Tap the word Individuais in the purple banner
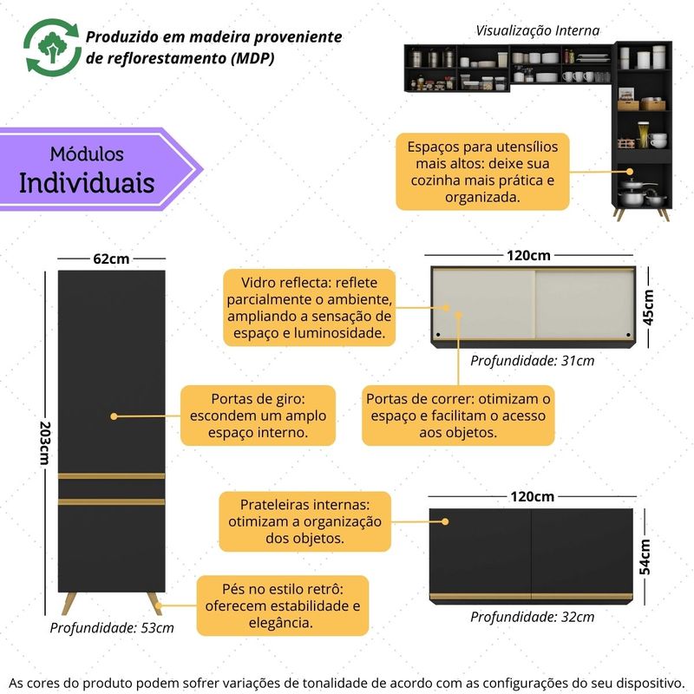(87, 183)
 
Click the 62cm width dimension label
(111, 259)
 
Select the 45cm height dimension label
(648, 307)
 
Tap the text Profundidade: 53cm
(111, 627)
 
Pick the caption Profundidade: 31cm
(532, 361)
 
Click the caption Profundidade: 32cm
(532, 617)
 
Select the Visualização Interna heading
(537, 30)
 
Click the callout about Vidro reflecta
(310, 307)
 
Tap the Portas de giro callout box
(258, 416)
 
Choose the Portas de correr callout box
(458, 416)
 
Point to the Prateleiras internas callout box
(304, 521)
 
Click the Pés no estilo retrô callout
(282, 606)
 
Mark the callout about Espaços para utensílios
(482, 171)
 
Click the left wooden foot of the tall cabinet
(69, 602)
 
